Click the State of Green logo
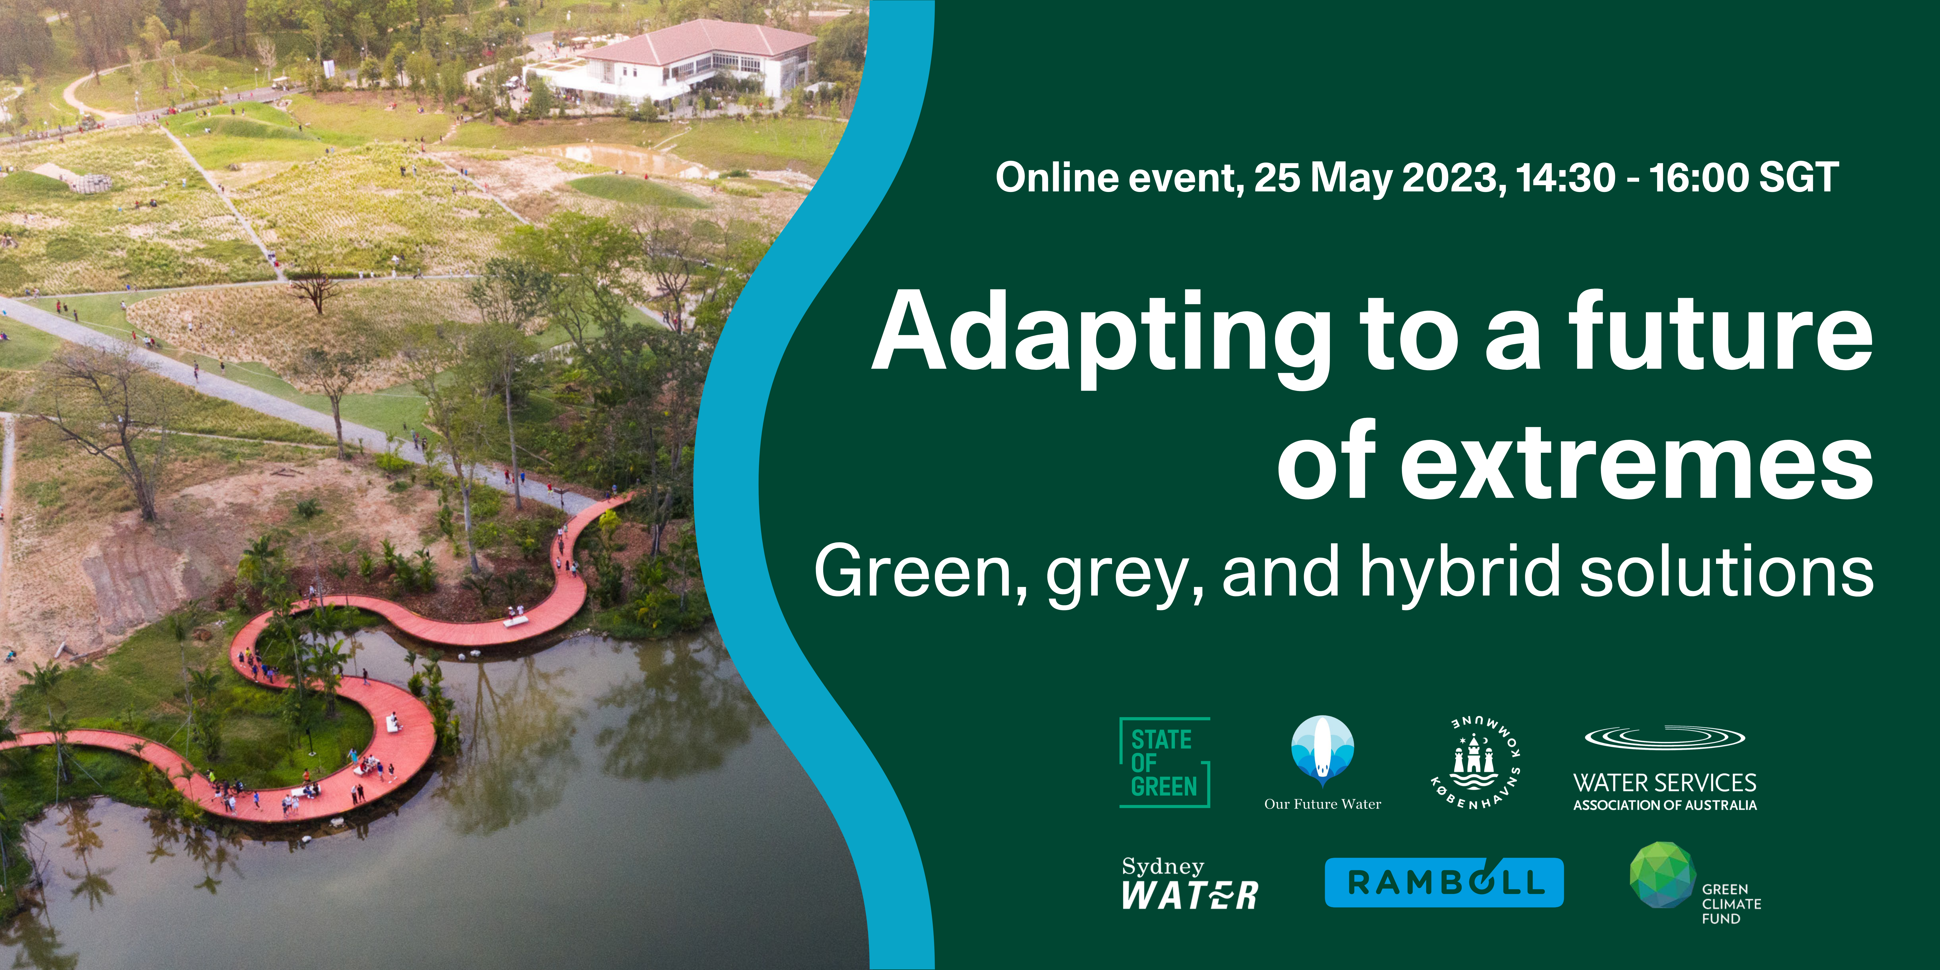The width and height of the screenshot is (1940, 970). [1164, 762]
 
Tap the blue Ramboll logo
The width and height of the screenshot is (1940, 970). [1444, 882]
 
